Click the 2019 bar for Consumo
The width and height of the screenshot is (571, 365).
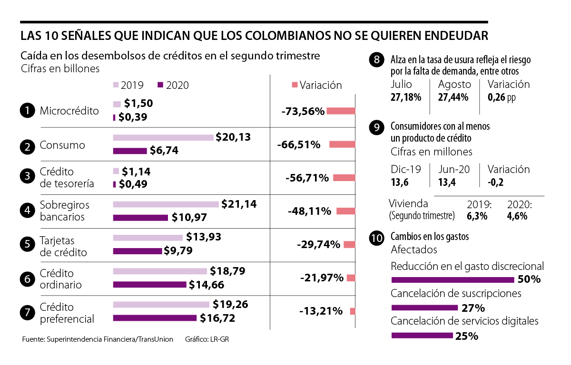click(x=163, y=138)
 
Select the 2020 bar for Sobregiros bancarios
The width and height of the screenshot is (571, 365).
click(x=140, y=218)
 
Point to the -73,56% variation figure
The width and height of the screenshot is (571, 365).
click(x=303, y=111)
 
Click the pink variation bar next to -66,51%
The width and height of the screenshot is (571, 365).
click(x=342, y=144)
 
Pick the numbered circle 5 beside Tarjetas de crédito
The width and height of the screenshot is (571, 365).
click(x=28, y=245)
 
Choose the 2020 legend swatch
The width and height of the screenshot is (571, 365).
click(x=160, y=85)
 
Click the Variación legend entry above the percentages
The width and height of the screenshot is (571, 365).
click(x=317, y=85)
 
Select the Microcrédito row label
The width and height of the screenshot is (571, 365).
click(x=69, y=111)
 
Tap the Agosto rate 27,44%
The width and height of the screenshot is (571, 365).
click(x=453, y=97)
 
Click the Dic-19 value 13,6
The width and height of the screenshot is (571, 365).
click(x=400, y=182)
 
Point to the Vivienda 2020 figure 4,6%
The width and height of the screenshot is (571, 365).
click(x=517, y=215)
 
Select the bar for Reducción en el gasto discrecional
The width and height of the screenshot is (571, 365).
click(x=452, y=279)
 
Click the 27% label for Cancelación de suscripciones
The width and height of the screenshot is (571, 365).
click(x=473, y=307)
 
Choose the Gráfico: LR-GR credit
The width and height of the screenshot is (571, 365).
click(x=210, y=339)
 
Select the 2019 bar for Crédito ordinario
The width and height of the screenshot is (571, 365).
click(x=160, y=271)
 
